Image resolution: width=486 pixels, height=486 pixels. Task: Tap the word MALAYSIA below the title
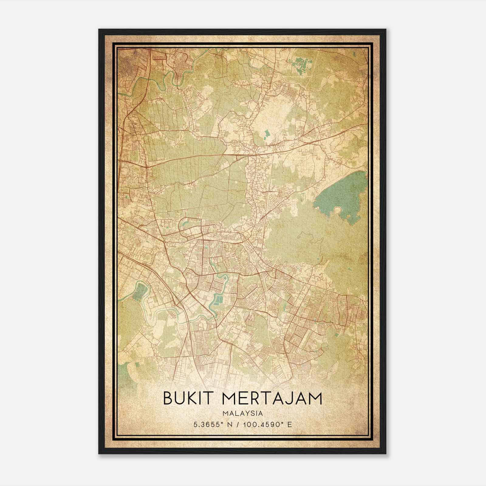[242, 413]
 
